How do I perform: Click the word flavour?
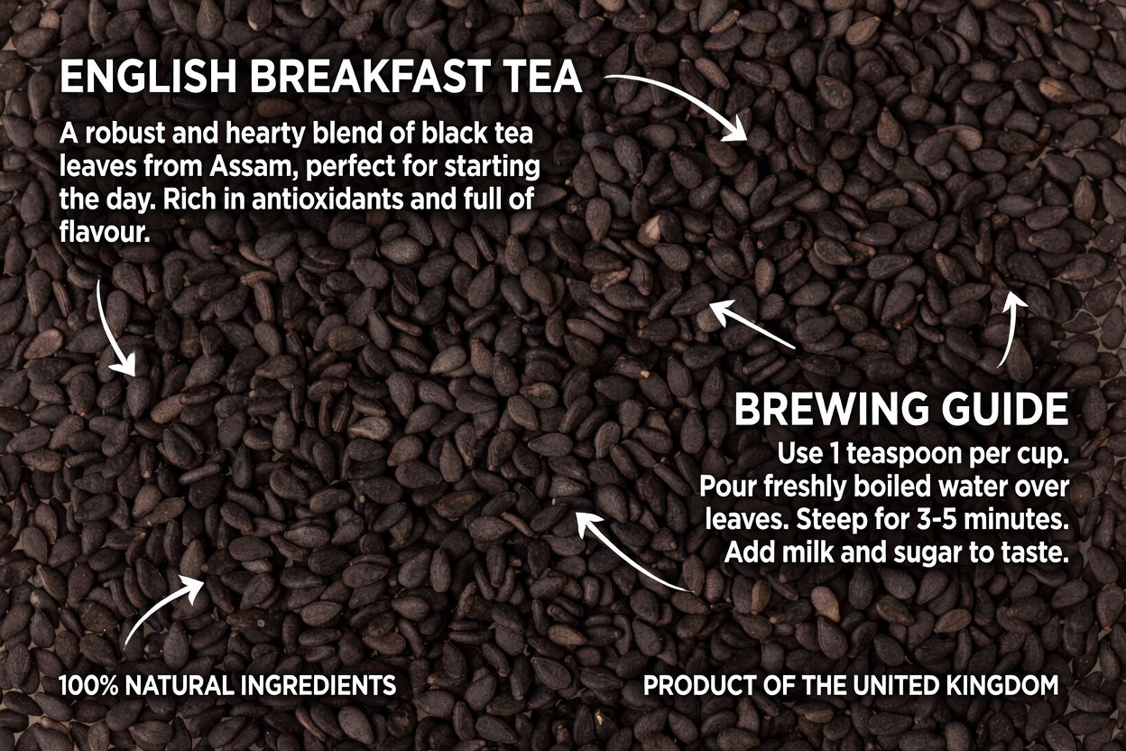point(105,232)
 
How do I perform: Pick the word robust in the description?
point(123,134)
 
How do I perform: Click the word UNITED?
point(892,686)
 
